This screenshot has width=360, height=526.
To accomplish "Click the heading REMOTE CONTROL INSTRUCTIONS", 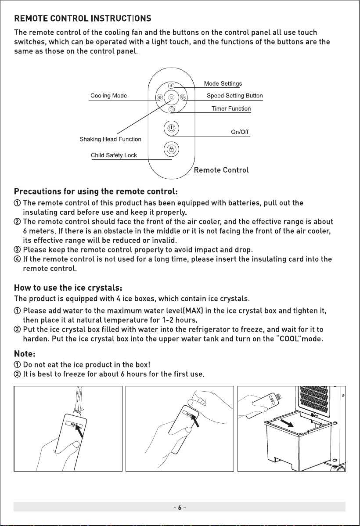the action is [x=83, y=18].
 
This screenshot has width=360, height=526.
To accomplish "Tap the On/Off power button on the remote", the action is [x=171, y=128].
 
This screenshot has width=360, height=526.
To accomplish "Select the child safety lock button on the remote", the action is [x=171, y=149].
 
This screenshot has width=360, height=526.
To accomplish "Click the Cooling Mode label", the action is [x=109, y=96].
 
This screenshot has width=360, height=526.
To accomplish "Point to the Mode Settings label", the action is [x=223, y=83].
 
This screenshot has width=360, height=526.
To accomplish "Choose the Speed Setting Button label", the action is [x=235, y=96].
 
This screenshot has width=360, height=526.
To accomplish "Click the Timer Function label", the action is [x=231, y=109].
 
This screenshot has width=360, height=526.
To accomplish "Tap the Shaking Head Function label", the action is [x=110, y=139].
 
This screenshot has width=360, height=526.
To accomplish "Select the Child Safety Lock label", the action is [x=114, y=155].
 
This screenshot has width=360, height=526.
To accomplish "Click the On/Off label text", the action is [x=240, y=132].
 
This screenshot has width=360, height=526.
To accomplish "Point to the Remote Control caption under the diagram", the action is [x=221, y=170].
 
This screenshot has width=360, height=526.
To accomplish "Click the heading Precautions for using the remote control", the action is [x=96, y=191].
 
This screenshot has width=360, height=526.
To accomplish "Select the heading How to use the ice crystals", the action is [x=68, y=288].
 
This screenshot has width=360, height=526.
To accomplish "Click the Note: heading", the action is [x=25, y=354].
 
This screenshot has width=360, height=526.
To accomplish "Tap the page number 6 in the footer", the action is [x=180, y=508].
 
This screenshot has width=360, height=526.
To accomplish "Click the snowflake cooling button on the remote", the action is [x=160, y=97].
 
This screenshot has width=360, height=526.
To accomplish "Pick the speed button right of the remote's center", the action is [x=183, y=97].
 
